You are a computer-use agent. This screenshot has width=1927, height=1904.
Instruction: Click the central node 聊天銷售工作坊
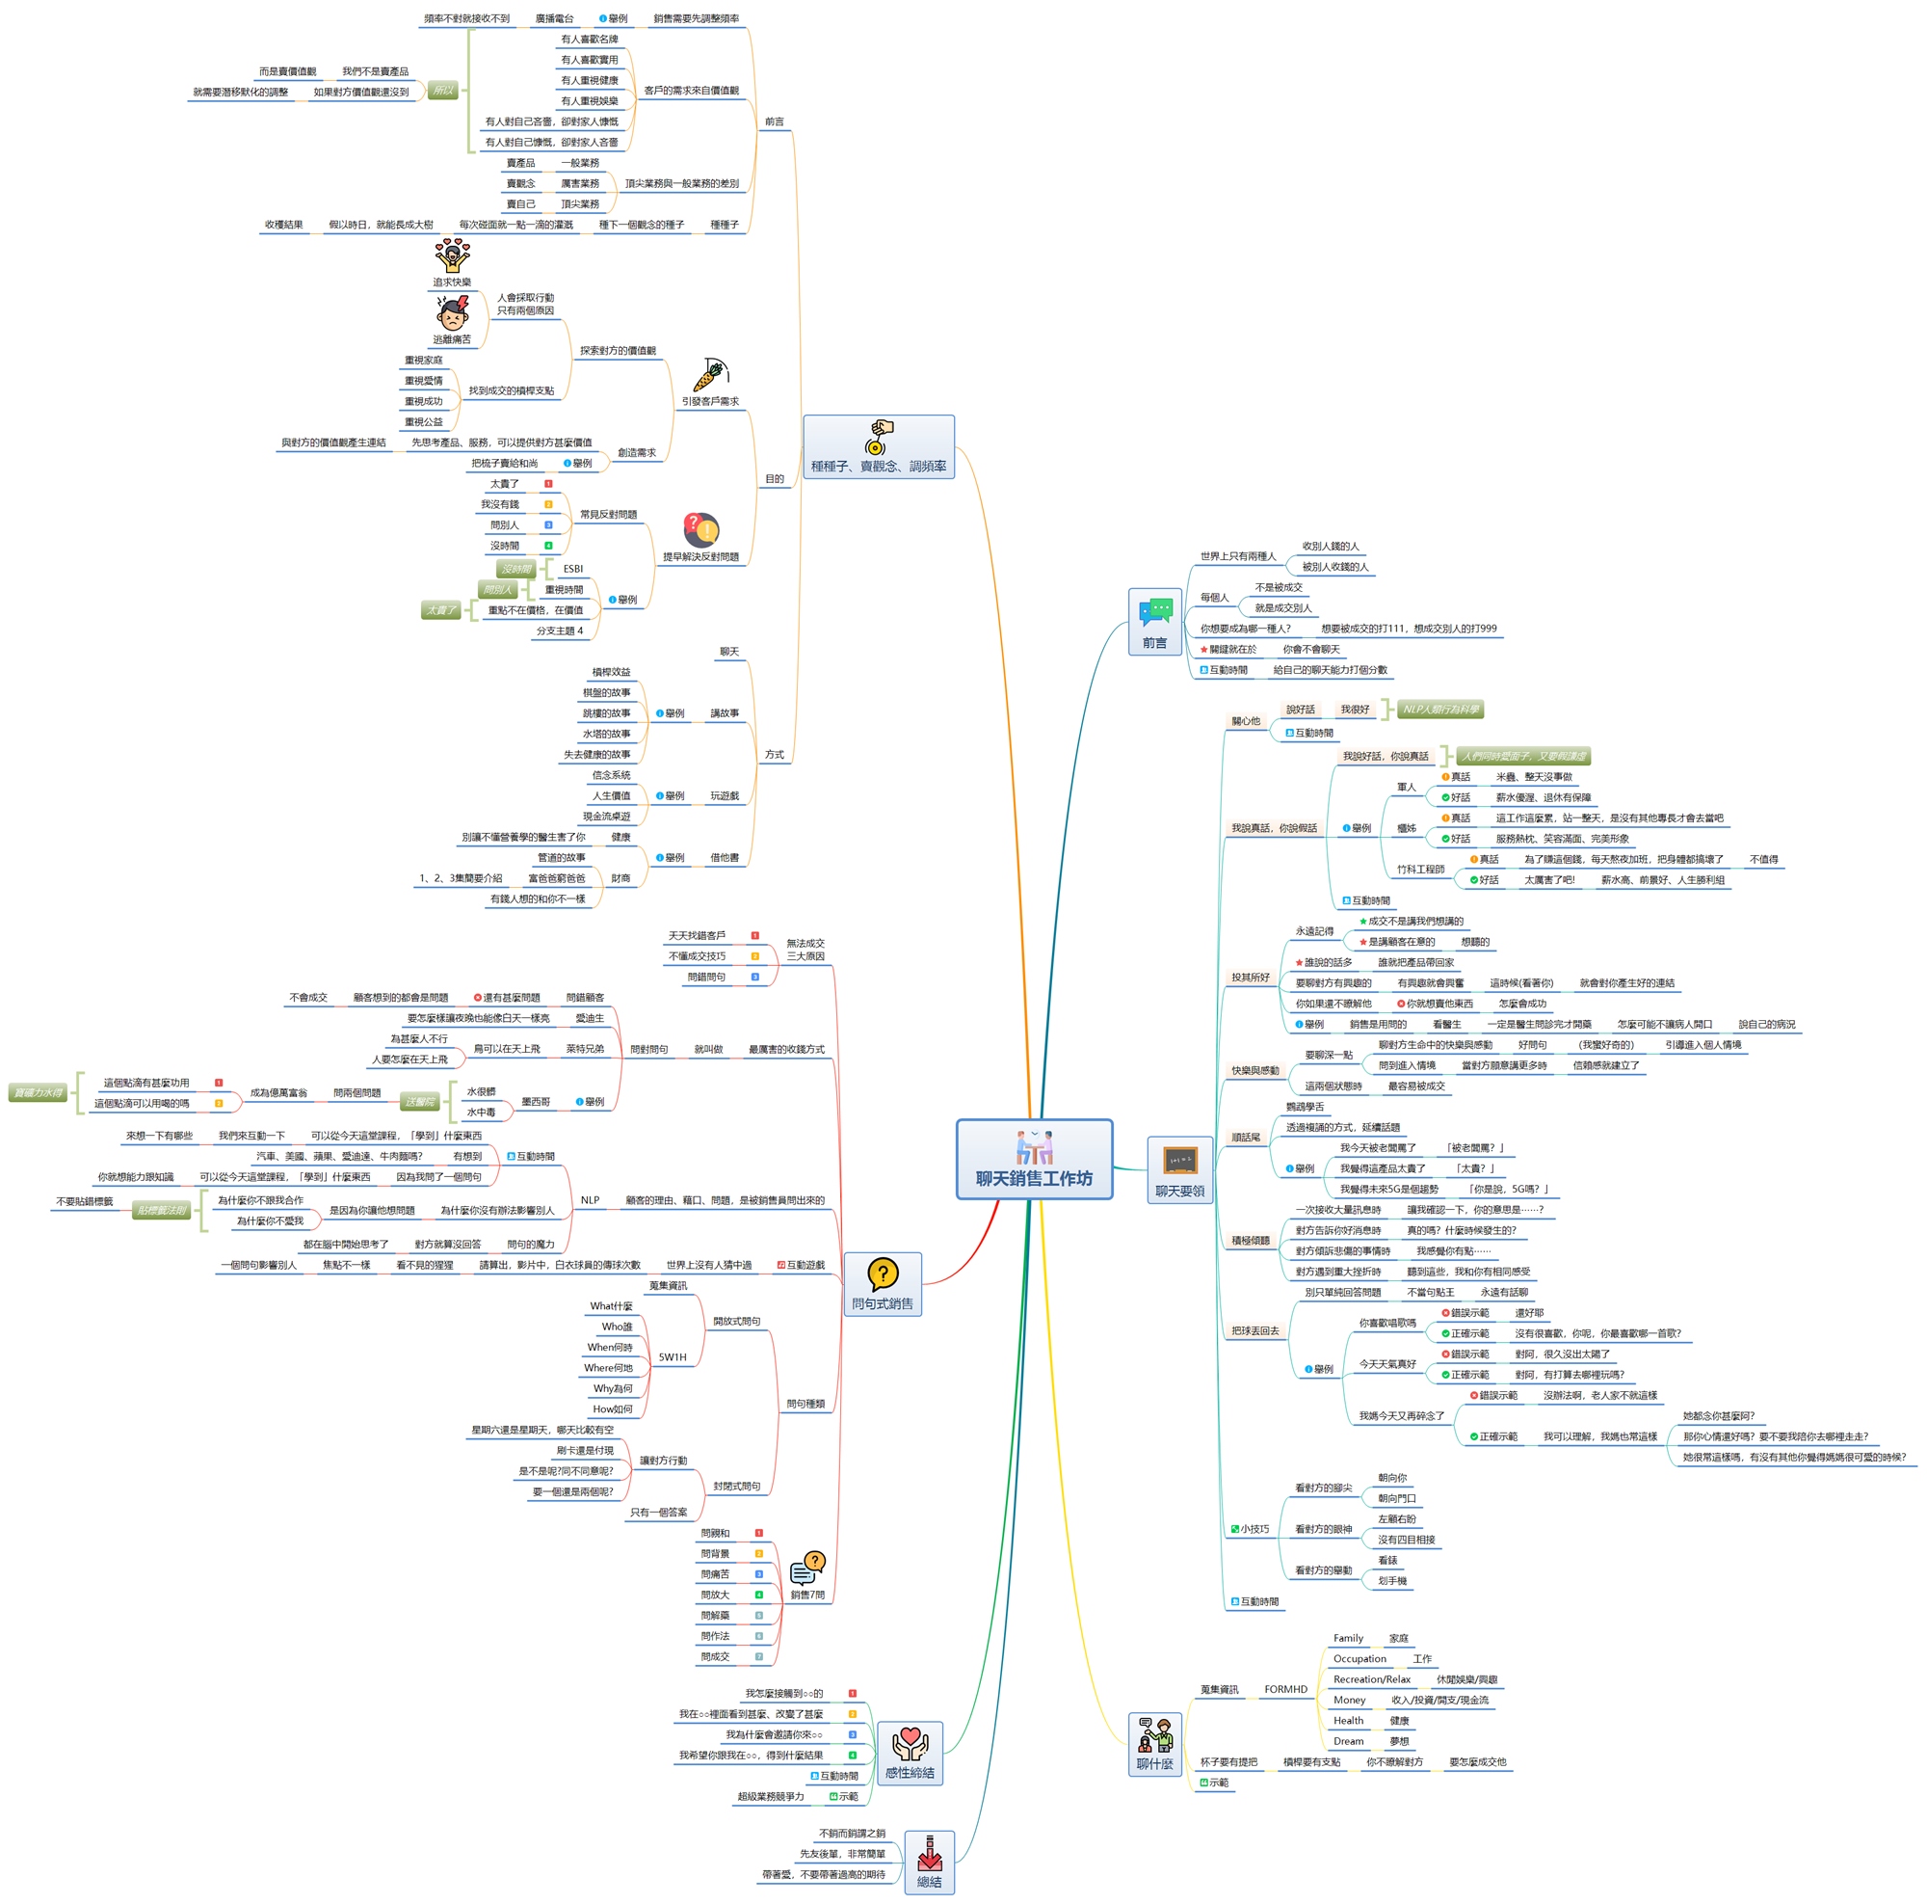1033,1159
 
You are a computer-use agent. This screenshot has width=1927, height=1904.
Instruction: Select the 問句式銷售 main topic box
882,1284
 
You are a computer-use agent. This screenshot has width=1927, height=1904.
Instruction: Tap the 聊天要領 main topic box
1179,1169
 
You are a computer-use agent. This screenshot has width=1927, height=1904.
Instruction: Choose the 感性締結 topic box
909,1754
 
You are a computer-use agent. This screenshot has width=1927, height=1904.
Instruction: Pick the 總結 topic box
929,1863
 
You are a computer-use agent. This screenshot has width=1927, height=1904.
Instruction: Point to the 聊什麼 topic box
1154,1744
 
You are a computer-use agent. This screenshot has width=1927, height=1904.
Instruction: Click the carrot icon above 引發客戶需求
711,375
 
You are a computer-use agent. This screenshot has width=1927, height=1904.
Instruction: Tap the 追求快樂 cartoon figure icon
452,256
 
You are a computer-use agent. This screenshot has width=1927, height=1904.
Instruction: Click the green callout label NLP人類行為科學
1439,710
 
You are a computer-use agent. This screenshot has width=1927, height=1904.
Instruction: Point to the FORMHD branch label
1284,1689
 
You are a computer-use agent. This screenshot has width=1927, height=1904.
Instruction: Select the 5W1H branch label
673,1357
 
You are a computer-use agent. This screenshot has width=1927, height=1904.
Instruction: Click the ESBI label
572,569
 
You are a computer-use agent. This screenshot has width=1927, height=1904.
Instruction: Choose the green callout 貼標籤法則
162,1211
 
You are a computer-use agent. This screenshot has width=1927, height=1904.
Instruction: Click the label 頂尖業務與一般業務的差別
681,183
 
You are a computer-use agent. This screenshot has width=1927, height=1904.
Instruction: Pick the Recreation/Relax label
1371,1679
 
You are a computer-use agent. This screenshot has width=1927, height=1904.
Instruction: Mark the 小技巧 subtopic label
1254,1529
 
